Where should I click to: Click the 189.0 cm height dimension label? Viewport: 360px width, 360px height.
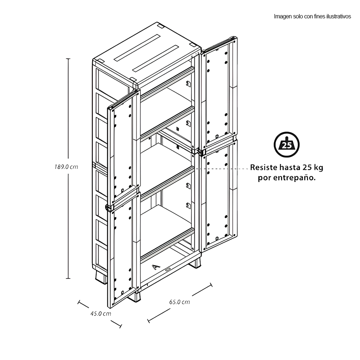tap(66, 167)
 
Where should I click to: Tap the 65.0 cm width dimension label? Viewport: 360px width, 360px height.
tap(180, 302)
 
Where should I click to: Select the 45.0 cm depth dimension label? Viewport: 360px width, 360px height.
tap(100, 314)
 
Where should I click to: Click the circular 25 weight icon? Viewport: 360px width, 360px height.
tap(287, 145)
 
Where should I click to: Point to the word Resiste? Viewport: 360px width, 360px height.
tap(264, 167)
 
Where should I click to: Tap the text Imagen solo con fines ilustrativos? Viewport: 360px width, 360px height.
tap(312, 17)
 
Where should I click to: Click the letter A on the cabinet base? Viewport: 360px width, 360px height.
tap(156, 267)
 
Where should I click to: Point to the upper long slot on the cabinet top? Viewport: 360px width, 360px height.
tap(137, 48)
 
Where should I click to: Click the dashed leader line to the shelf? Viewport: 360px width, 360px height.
tap(222, 168)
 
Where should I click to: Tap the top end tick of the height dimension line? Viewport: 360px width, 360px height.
tap(68, 59)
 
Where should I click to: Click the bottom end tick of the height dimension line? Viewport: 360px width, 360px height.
tap(68, 279)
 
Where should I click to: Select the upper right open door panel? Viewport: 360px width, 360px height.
tap(219, 92)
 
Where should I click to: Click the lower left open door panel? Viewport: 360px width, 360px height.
tap(124, 249)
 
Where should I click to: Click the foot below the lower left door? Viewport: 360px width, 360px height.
tap(135, 296)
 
